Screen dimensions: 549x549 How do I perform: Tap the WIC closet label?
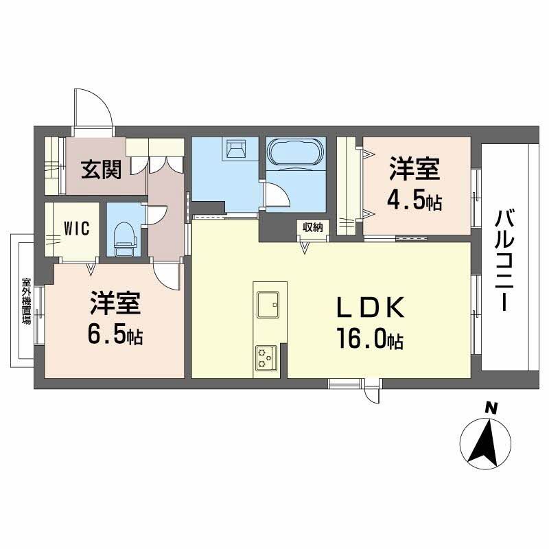pyautogui.click(x=76, y=229)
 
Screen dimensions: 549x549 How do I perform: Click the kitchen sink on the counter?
pyautogui.click(x=268, y=305)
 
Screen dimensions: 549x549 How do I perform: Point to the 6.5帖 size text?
pyautogui.click(x=115, y=336)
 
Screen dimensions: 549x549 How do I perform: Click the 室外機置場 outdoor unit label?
pyautogui.click(x=27, y=301)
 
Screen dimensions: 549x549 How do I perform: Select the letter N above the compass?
pyautogui.click(x=491, y=408)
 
